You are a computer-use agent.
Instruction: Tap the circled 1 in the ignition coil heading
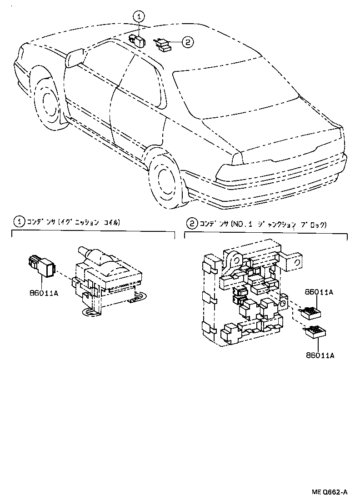19,222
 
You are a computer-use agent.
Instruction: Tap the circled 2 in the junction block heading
192,224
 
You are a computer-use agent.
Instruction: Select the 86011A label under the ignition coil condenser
44,294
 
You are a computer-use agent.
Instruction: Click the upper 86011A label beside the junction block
319,293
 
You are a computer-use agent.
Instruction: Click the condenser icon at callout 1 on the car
137,41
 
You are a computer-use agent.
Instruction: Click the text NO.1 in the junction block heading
242,224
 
